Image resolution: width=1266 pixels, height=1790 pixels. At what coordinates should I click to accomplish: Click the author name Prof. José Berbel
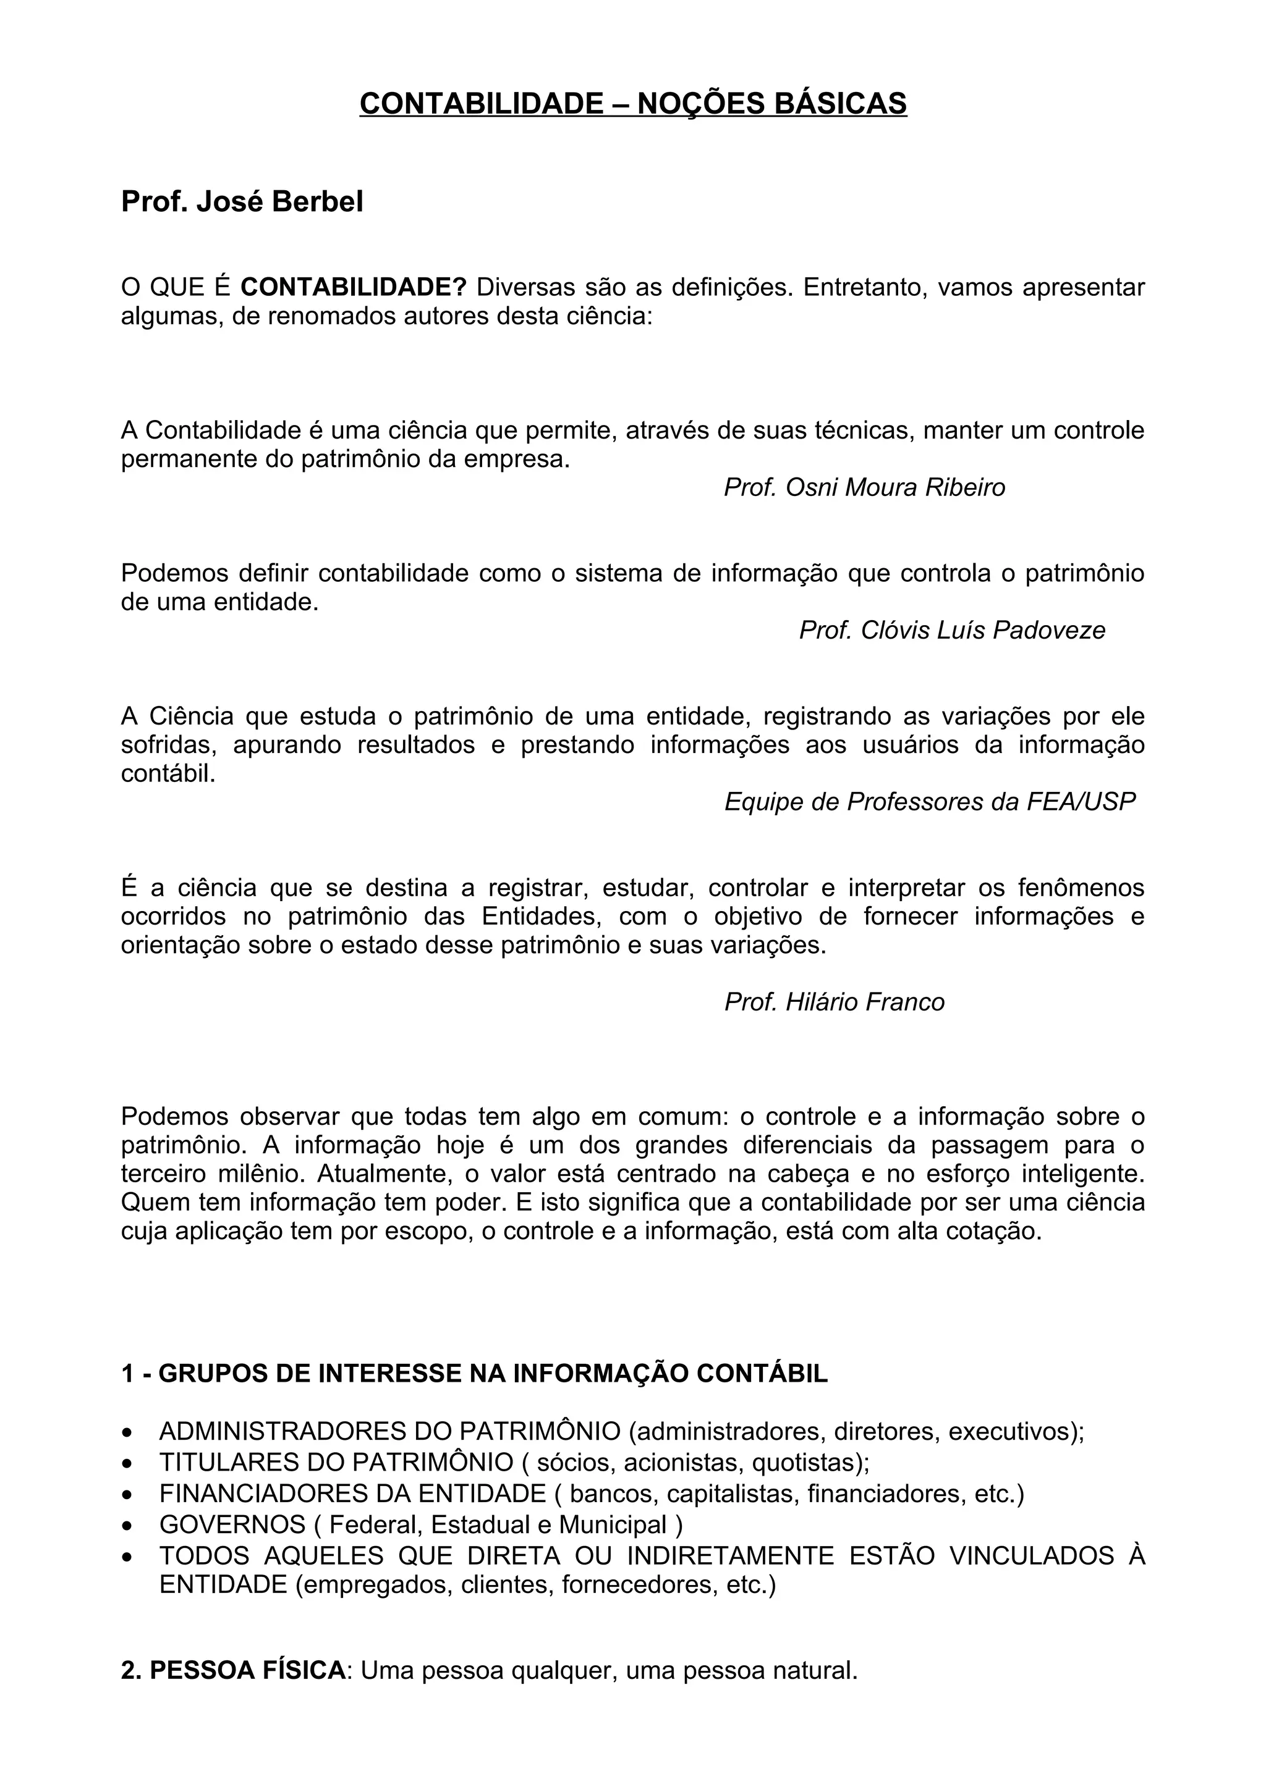pos(242,202)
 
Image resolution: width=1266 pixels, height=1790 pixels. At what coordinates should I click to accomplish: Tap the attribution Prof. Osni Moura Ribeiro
pos(864,487)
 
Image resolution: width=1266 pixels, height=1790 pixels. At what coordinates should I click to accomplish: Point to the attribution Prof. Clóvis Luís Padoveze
pos(951,630)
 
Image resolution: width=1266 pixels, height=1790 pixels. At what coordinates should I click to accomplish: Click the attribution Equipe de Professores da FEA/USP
pos(929,802)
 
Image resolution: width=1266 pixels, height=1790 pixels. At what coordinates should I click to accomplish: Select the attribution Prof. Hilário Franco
pos(834,1002)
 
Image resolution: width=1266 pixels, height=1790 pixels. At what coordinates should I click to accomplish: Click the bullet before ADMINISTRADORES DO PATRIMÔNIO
pos(127,1432)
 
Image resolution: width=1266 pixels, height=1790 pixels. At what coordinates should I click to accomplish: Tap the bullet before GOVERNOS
pos(127,1525)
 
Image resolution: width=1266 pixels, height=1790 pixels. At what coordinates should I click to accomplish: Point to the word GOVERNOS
pos(232,1525)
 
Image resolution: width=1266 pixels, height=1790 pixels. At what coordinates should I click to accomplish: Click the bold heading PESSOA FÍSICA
pos(247,1671)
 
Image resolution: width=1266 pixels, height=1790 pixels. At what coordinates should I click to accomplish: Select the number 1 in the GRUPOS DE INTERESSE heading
pos(127,1374)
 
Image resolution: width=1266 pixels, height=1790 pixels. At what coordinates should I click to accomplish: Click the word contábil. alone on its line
pos(168,773)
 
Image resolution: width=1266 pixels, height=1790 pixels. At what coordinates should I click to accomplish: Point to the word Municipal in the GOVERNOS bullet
pos(613,1525)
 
